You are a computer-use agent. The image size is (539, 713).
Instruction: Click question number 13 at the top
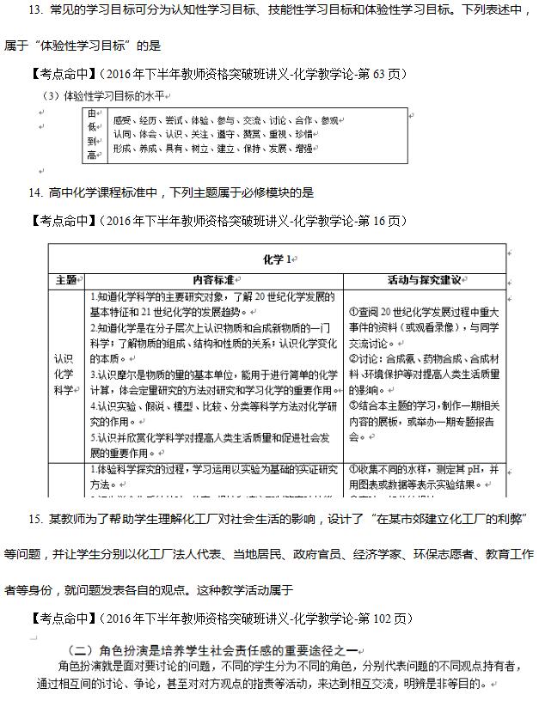point(36,10)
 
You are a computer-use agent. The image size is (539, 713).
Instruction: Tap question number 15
point(36,520)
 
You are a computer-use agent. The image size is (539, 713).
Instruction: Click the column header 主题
point(66,280)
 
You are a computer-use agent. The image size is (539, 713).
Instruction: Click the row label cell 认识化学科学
point(65,375)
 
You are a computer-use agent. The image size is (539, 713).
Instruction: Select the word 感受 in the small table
point(121,120)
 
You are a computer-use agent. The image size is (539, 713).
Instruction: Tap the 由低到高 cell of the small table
point(93,134)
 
